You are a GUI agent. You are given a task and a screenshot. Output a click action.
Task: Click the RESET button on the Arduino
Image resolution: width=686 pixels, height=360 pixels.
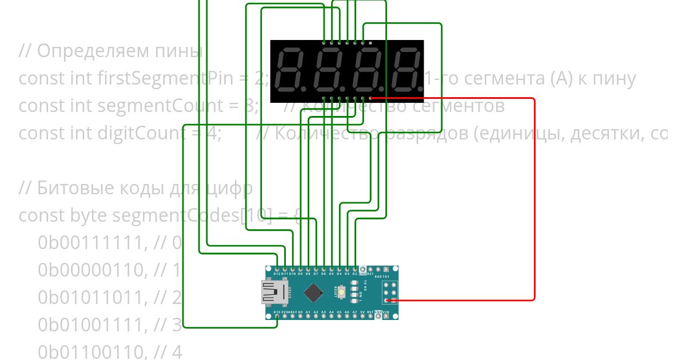(341, 293)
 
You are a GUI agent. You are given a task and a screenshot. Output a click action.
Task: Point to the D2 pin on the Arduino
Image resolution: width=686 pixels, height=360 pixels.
(355, 268)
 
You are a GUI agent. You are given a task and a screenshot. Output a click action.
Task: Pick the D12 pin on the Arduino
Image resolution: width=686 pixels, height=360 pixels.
(277, 268)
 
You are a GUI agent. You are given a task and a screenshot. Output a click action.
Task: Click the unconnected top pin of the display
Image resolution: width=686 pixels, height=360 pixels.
(370, 43)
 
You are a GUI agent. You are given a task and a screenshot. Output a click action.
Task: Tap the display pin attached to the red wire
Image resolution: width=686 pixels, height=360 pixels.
(370, 98)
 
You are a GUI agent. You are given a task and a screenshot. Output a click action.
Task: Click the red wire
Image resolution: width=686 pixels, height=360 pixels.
(535, 200)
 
